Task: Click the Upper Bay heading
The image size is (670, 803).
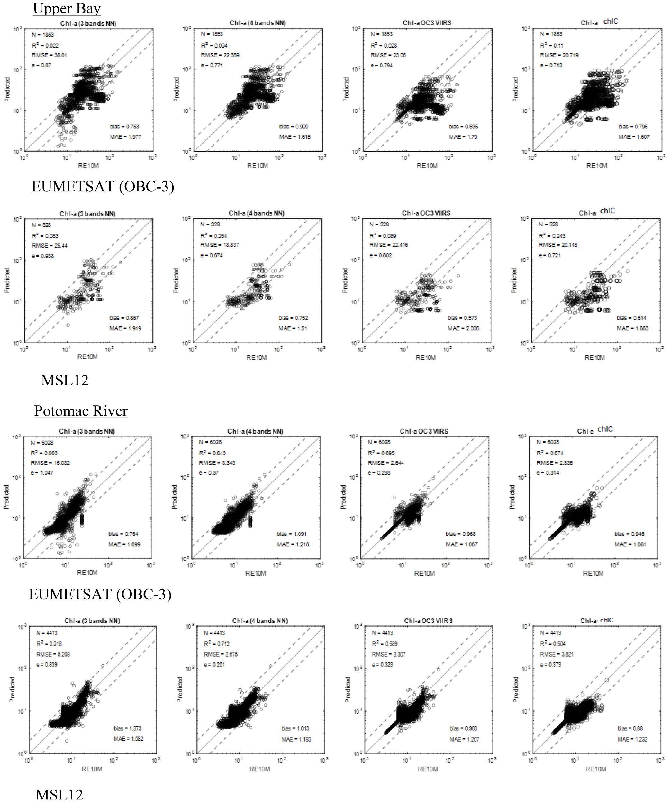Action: (67, 8)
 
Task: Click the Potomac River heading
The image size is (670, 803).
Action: (81, 411)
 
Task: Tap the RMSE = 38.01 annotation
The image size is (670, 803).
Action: (50, 55)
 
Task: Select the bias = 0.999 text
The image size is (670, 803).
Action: (294, 127)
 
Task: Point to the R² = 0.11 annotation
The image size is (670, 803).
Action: (551, 45)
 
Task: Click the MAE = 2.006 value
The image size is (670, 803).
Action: (463, 328)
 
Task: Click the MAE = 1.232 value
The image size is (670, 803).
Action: (632, 739)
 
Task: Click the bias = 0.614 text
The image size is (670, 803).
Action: (631, 318)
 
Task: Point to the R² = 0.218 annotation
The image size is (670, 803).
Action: (49, 644)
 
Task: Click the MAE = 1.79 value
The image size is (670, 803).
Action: (464, 137)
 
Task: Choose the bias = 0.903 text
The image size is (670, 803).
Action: (463, 728)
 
